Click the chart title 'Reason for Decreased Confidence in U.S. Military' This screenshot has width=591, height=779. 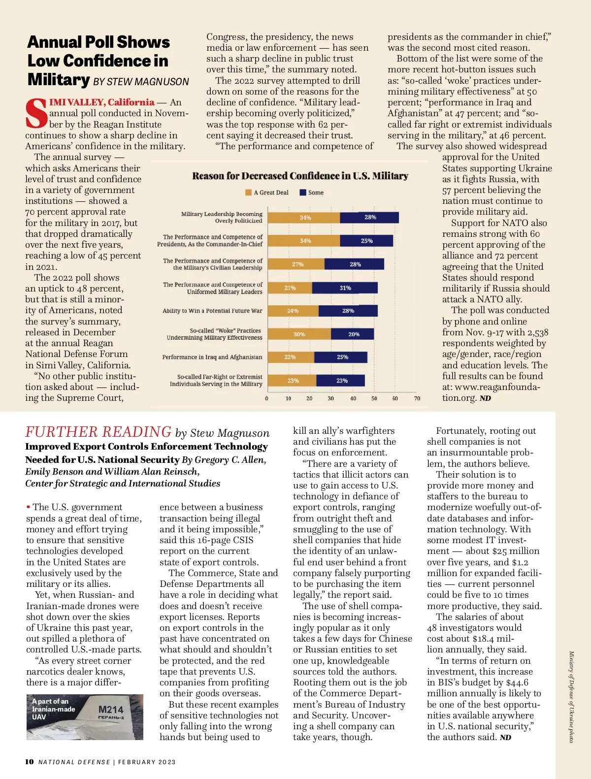[x=300, y=176]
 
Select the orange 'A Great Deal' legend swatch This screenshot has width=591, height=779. [x=249, y=193]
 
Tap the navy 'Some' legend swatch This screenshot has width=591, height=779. [x=303, y=193]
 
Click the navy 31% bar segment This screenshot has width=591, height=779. [x=345, y=288]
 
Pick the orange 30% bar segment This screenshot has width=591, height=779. [x=299, y=334]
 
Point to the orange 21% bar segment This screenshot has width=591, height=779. [x=290, y=288]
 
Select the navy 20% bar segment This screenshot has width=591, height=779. [x=353, y=334]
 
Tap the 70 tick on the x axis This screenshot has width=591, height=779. [x=417, y=398]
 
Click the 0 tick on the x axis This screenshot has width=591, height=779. [x=267, y=398]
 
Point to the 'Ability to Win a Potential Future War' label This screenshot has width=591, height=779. [x=212, y=311]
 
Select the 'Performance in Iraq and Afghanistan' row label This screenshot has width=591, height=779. [x=212, y=357]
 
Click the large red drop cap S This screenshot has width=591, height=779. [x=36, y=114]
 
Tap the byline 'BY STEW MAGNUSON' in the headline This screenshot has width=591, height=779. [x=141, y=82]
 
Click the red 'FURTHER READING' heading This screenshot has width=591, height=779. [x=98, y=432]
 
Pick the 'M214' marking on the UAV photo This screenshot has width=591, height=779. [x=111, y=710]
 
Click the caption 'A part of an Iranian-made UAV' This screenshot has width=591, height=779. [x=53, y=709]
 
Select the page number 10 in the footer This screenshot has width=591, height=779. [x=30, y=762]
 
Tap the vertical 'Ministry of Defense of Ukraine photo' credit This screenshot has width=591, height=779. [x=571, y=697]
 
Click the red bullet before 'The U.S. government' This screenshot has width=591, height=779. [x=28, y=507]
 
